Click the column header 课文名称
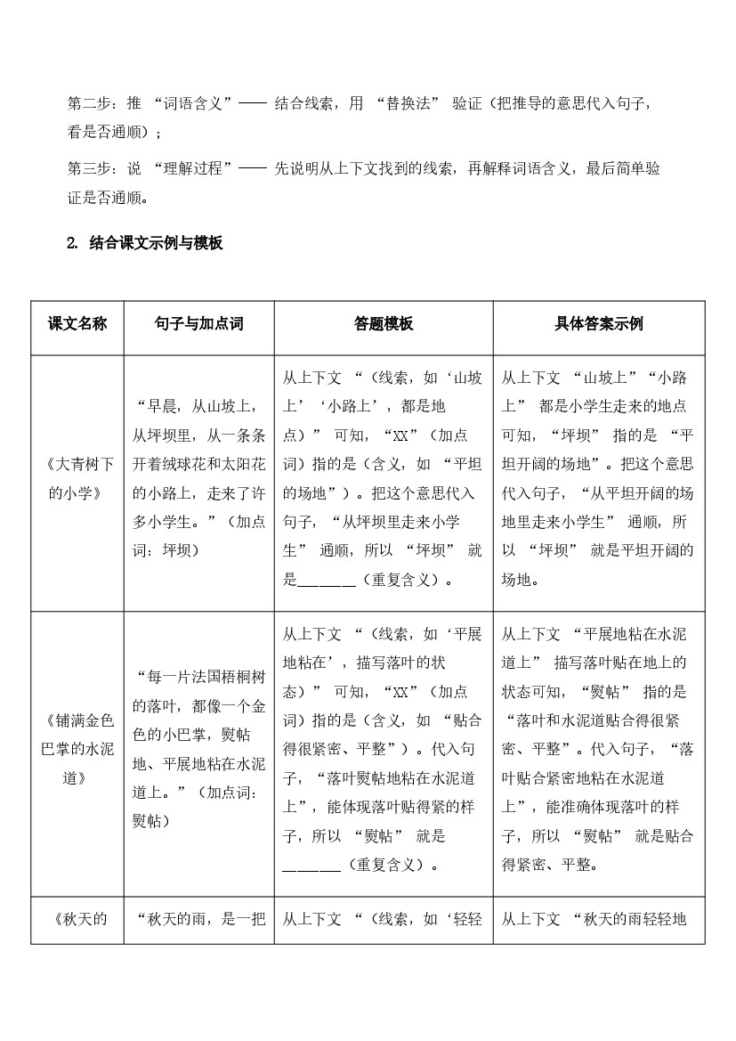click(77, 324)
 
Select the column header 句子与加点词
click(198, 324)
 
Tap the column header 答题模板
click(384, 324)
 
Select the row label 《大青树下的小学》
click(77, 478)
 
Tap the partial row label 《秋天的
click(77, 919)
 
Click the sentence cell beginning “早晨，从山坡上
click(198, 478)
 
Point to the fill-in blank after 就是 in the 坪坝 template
click(327, 581)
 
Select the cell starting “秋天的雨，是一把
click(198, 919)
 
